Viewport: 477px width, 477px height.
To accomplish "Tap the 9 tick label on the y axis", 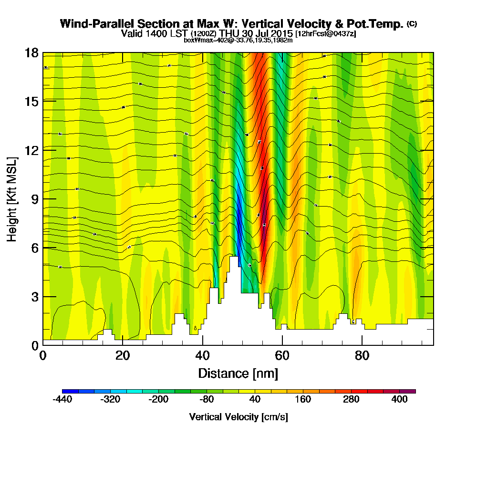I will coord(34,199).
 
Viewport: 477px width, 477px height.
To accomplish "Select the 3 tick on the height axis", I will coord(34,297).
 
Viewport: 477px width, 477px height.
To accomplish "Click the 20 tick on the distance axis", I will coord(123,355).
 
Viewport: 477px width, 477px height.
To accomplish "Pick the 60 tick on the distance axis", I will coord(282,355).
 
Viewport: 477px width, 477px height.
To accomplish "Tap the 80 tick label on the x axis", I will coord(362,355).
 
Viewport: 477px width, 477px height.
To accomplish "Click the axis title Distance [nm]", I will coord(238,373).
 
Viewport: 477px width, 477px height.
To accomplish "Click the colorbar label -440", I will coord(62,400).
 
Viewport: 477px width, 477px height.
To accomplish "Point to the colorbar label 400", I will coord(400,400).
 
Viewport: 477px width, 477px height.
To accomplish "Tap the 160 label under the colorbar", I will coord(303,400).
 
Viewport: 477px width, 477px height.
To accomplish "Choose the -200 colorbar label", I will coord(158,400).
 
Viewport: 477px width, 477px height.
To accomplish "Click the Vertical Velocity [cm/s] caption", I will coord(238,417).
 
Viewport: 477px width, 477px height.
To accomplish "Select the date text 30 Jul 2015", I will coord(268,34).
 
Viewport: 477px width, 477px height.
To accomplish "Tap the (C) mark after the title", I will coord(412,23).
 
